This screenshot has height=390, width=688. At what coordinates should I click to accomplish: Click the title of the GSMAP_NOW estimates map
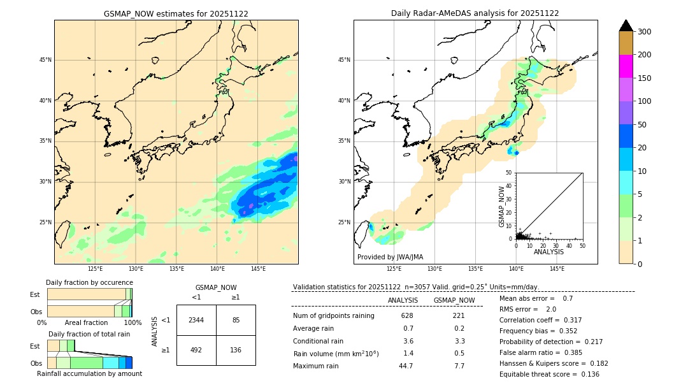tap(176, 13)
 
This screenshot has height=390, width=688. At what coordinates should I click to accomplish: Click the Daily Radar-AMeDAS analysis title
tap(475, 13)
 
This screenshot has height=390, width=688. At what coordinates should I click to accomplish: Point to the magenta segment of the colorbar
tap(626, 66)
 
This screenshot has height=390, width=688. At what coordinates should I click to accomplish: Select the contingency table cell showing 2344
tap(196, 320)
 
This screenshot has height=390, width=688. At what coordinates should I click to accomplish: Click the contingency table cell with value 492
tap(196, 350)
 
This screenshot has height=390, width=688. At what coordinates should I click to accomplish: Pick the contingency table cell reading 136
tap(236, 350)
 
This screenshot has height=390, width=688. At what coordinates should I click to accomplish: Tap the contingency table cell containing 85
tap(236, 320)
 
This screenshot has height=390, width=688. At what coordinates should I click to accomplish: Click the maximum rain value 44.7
tap(406, 366)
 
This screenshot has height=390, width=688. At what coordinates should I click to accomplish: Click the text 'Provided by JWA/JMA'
tap(390, 257)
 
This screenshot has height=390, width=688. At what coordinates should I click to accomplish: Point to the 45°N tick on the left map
tap(45, 60)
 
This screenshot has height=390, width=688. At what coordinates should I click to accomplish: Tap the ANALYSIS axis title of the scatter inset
tap(548, 252)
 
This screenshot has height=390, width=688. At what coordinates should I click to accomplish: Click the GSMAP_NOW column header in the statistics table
tap(454, 300)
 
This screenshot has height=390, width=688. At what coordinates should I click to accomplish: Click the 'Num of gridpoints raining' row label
tap(334, 315)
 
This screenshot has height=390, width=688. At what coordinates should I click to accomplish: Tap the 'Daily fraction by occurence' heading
tap(88, 282)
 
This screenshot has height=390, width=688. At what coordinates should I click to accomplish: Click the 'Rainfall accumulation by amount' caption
tap(89, 373)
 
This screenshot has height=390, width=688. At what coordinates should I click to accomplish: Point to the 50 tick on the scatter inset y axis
tap(509, 172)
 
